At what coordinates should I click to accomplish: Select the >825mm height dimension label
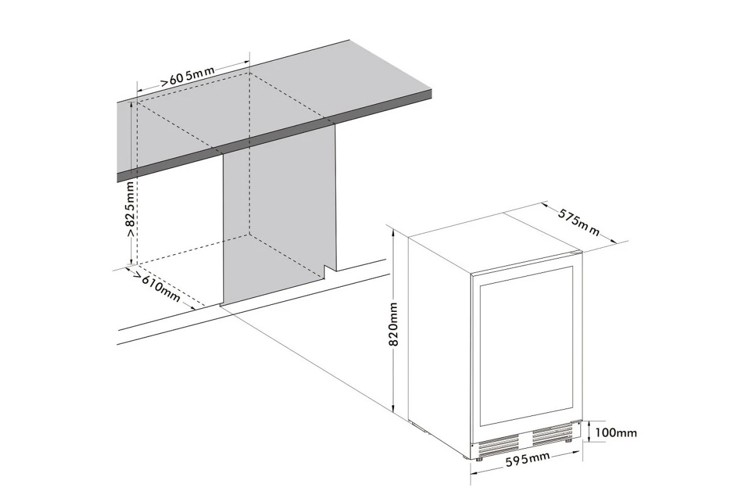pos(131,209)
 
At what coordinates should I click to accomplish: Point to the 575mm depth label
pos(579,223)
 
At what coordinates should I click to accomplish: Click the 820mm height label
pos(393,324)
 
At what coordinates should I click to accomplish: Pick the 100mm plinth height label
pos(616,432)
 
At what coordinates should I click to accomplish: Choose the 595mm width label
pos(528,459)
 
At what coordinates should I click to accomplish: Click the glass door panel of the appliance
pos(526,346)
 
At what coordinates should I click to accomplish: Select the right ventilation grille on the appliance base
pos(552,434)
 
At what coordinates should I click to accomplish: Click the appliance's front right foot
pos(568,440)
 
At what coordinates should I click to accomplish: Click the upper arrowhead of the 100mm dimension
pos(590,424)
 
